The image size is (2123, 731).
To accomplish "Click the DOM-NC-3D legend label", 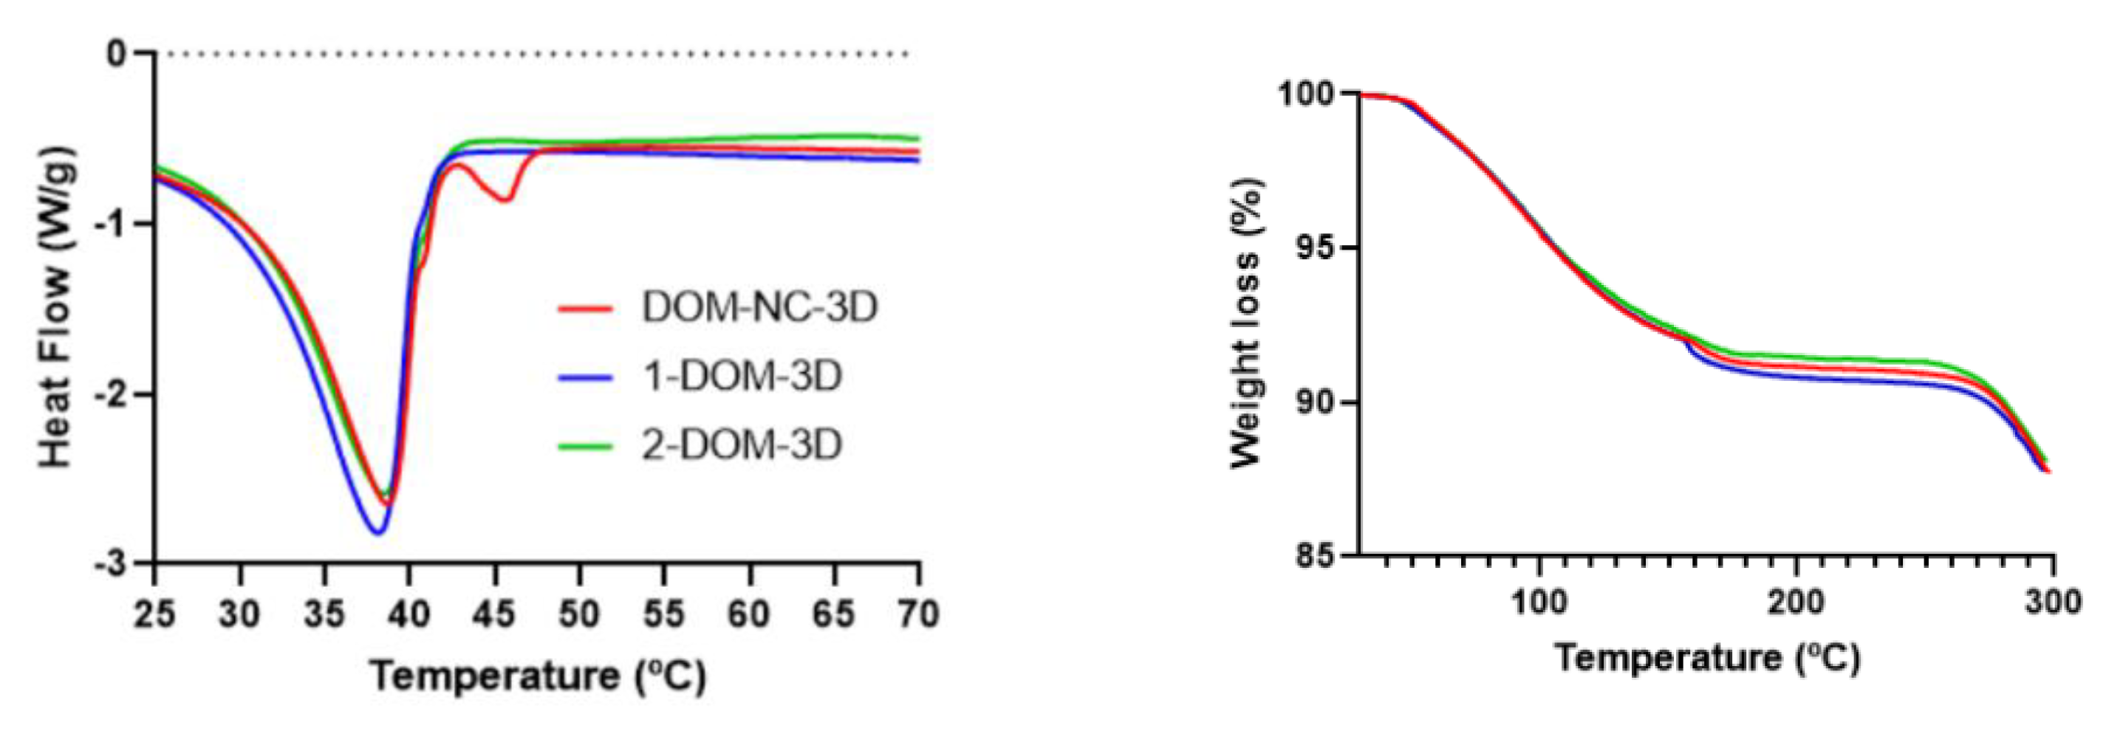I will click(759, 308).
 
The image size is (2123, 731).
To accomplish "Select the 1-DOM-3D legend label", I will click(742, 377).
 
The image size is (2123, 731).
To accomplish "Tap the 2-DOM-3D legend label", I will click(742, 445).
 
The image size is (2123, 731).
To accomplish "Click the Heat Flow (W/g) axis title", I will click(56, 307).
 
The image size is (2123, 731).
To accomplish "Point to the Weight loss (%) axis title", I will click(1245, 324).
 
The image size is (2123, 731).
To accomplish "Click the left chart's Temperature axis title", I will click(537, 676).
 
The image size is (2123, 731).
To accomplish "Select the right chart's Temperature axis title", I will click(1708, 658).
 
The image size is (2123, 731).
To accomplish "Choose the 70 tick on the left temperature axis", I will click(918, 614).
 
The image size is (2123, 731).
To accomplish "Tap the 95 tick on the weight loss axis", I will click(1316, 247).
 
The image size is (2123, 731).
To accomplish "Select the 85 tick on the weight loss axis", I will click(1316, 556).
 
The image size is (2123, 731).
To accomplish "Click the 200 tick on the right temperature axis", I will click(1796, 602).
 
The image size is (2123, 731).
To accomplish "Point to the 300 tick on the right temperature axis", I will click(2053, 602).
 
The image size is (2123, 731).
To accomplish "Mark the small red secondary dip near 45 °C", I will click(506, 199).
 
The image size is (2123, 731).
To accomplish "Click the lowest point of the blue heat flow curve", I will click(377, 532).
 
